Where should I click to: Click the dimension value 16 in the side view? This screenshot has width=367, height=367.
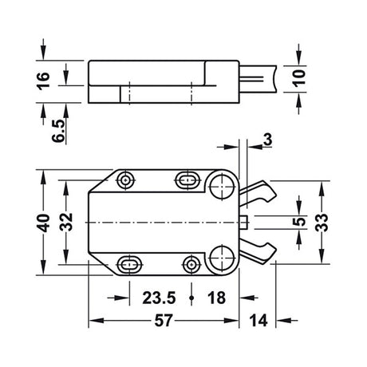click(44, 80)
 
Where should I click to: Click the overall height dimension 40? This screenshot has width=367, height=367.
click(43, 221)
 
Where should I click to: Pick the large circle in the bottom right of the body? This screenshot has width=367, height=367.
click(223, 256)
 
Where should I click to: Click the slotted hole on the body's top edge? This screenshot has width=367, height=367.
click(187, 179)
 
